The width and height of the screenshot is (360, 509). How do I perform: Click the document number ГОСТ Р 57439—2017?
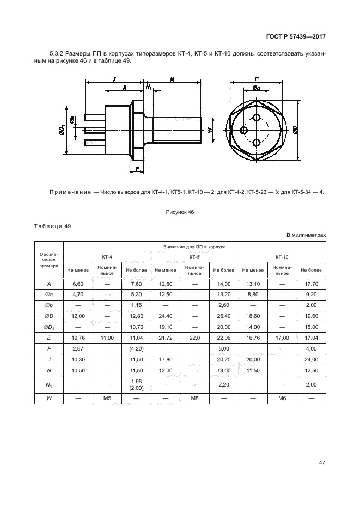coord(296,36)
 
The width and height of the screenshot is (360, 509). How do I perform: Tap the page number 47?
coord(322,462)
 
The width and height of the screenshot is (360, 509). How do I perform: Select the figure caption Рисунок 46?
coord(180,212)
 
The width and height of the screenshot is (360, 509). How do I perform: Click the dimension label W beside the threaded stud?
coord(209,130)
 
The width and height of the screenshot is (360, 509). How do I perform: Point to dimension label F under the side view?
coord(137,168)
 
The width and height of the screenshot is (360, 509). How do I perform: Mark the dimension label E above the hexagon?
coord(257,78)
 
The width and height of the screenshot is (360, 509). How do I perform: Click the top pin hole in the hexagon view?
coord(257,118)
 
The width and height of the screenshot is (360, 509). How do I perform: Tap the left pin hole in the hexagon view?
coord(244,130)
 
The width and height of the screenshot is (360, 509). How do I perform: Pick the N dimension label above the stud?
coord(172,79)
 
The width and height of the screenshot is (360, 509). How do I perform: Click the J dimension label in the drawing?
coord(114,79)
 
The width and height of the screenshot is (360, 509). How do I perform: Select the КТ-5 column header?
coord(195,257)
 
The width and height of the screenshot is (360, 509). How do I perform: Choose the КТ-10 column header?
coord(282,257)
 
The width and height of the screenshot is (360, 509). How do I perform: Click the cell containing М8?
coord(195,398)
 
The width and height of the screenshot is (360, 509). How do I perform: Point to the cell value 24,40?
coord(166,316)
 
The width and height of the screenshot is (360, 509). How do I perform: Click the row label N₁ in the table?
coord(49,385)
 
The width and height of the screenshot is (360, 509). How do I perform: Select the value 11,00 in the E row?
coord(107,338)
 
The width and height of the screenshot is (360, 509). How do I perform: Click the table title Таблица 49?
coord(52,226)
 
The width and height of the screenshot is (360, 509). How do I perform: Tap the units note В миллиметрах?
coord(306,235)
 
